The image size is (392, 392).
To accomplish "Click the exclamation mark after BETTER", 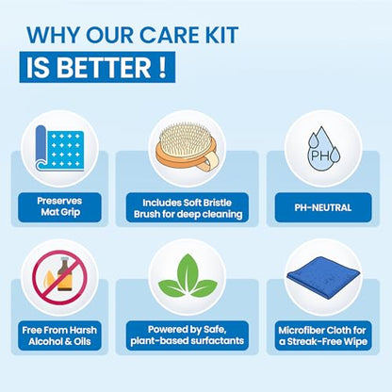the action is coord(162,68).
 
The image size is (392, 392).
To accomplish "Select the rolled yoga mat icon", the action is coord(59,148).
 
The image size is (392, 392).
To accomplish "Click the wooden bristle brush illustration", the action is coord(186,149).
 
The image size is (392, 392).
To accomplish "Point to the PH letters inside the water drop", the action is coord(319,155).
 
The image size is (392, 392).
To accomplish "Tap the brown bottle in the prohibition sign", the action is coord(65,273).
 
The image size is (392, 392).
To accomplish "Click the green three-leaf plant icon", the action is coord(188,276).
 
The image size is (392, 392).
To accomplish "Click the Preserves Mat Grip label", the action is coord(59,207).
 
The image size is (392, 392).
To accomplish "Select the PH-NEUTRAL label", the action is coord(323,207).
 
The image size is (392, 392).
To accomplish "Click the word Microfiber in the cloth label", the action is coord(298,330).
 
